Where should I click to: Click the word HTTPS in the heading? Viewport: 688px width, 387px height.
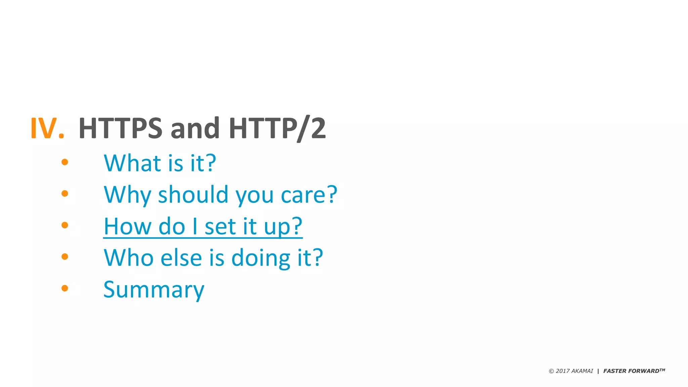click(120, 128)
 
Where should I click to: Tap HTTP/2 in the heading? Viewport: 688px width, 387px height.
click(277, 128)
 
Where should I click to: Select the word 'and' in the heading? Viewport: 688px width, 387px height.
click(195, 128)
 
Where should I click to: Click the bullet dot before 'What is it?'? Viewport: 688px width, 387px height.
click(65, 162)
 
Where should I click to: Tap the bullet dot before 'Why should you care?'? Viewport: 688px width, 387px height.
click(65, 193)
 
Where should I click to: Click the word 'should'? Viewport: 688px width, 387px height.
click(193, 195)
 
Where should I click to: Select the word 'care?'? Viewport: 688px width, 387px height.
click(309, 195)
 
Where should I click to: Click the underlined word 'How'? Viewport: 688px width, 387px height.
click(128, 226)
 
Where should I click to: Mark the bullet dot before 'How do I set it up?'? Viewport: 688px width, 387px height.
click(65, 225)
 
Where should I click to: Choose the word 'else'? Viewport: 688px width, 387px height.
click(181, 258)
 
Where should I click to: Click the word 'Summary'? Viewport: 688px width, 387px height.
click(154, 290)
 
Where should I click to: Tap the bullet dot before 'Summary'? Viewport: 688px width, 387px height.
click(65, 288)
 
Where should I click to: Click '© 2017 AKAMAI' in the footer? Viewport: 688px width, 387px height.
click(571, 371)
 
